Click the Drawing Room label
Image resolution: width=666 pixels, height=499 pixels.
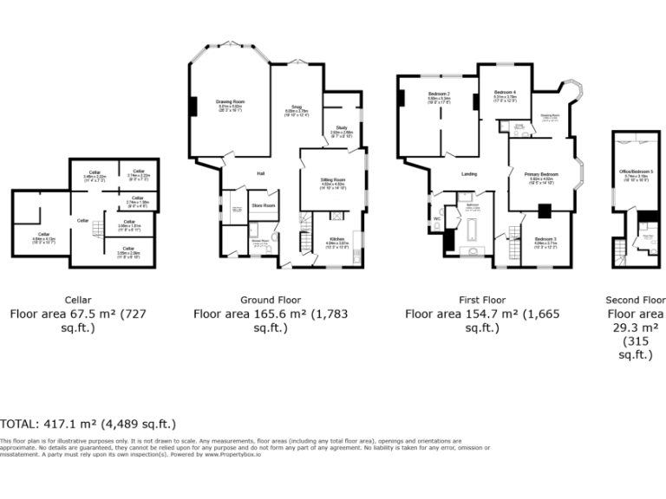tap(231, 101)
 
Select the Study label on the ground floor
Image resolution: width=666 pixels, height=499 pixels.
tap(341, 129)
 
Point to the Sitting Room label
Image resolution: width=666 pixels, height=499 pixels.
tap(334, 179)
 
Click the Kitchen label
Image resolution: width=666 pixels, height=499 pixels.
tap(336, 239)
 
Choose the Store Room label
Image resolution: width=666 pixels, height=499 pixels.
tap(263, 205)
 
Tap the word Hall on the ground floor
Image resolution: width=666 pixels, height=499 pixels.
tap(260, 174)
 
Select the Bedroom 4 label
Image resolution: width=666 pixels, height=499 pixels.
tap(505, 93)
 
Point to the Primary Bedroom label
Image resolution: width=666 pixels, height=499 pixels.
tap(542, 175)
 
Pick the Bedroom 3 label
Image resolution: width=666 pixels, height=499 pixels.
tap(545, 239)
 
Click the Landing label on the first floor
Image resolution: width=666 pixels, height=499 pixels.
tap(469, 174)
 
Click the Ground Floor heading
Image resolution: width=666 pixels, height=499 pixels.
tap(271, 300)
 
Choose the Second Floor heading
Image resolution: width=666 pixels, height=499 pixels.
tap(636, 300)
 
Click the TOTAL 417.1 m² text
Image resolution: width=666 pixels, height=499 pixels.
tap(88, 424)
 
